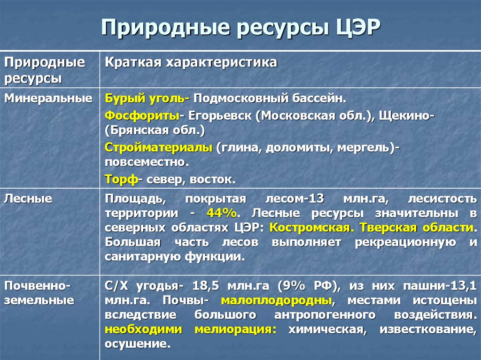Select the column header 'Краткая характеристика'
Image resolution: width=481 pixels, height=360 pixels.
tap(191, 62)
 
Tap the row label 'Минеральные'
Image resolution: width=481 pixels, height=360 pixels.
tap(48, 99)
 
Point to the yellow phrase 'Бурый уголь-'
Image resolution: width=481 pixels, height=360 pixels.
tap(147, 99)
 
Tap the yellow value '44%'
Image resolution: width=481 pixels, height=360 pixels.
tap(221, 213)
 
